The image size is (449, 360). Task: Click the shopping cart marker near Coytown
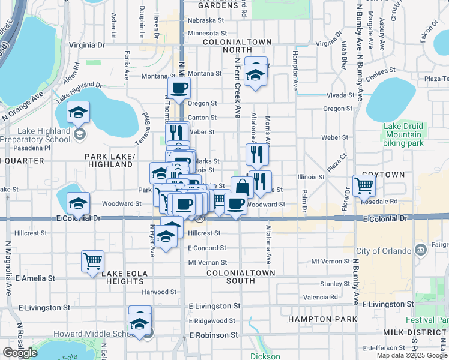(x=364, y=186)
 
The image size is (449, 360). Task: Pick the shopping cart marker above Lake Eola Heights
(x=93, y=262)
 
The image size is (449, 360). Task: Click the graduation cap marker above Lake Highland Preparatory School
(x=78, y=113)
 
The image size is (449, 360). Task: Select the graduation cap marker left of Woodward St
(x=78, y=204)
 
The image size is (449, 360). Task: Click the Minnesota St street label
(x=207, y=34)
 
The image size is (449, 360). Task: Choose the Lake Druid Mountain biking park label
(x=403, y=135)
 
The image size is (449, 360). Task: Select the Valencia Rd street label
(x=321, y=297)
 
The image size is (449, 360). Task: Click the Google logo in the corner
(x=20, y=353)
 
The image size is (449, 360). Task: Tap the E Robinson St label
(x=214, y=335)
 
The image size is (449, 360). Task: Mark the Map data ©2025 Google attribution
(x=412, y=355)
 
